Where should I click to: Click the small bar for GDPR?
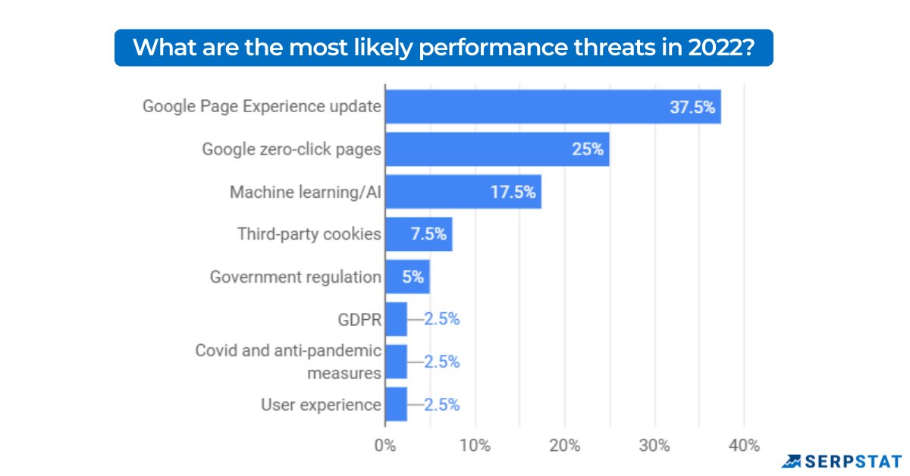[x=396, y=319]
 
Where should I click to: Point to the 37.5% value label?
[x=692, y=107]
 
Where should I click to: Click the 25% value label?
[x=588, y=149]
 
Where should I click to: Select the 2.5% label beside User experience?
[x=441, y=405]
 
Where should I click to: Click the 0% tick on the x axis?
[x=385, y=446]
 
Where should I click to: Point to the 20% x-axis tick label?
[x=564, y=446]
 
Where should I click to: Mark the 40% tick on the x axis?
[x=743, y=446]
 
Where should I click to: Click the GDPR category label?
[x=359, y=319]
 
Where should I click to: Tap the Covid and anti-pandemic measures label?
[x=288, y=362]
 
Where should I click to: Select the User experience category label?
[x=321, y=405]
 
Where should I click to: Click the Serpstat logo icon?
[x=792, y=461]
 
